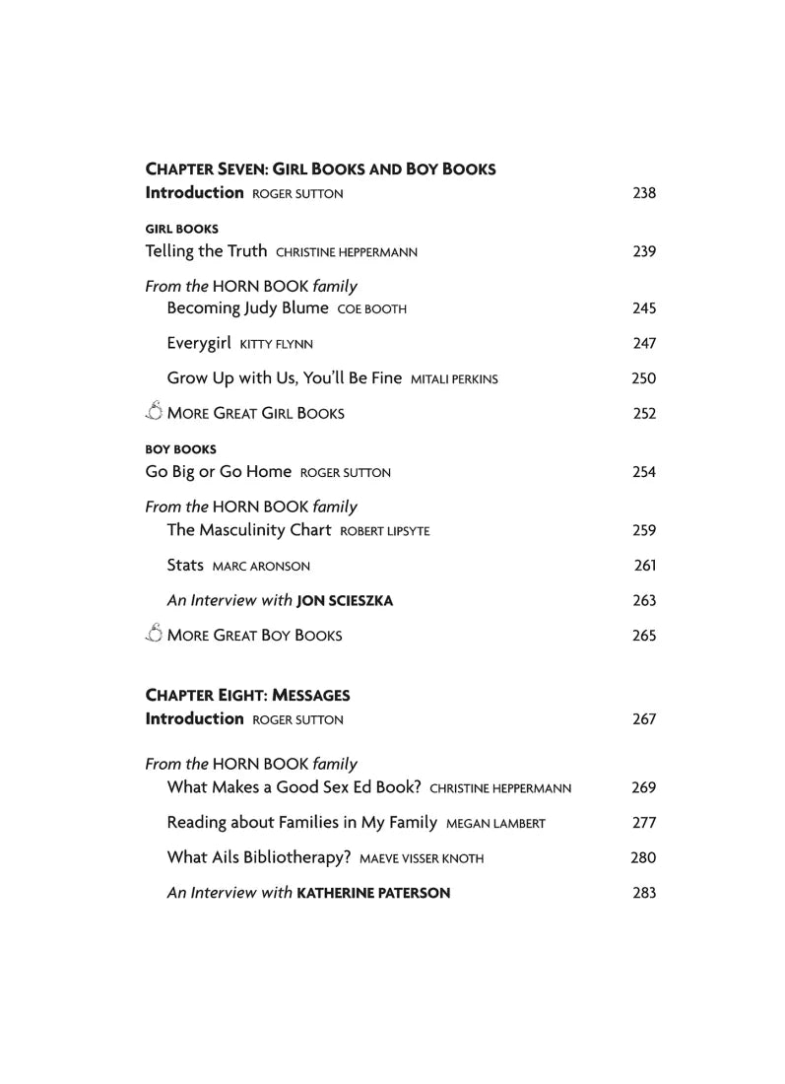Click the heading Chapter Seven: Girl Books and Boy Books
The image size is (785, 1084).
tap(320, 169)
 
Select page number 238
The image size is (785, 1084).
tap(643, 193)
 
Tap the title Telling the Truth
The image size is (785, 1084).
tap(206, 251)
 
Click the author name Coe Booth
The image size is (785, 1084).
tap(371, 309)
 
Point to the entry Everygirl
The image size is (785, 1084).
tap(199, 343)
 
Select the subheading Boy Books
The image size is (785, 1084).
tap(180, 449)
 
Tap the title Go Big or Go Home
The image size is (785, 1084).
tap(219, 472)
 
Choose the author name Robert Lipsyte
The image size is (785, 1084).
tap(384, 532)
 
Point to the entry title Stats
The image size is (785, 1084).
tap(185, 566)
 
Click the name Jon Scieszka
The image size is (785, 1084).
tap(345, 601)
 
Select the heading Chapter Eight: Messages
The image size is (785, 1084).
tap(247, 695)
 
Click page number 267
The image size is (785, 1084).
tap(643, 719)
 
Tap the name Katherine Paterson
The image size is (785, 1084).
tap(373, 893)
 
